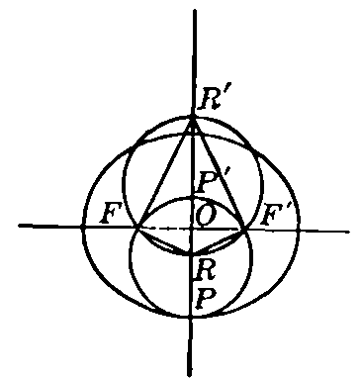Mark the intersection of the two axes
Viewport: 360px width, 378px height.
[191, 228]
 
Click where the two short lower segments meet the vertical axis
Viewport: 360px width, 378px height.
[191, 253]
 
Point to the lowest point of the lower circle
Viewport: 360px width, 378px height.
[190, 317]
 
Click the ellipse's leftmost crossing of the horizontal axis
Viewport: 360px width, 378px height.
[82, 228]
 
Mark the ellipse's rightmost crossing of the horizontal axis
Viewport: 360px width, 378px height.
[298, 229]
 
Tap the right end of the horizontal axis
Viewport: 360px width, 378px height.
[347, 231]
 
